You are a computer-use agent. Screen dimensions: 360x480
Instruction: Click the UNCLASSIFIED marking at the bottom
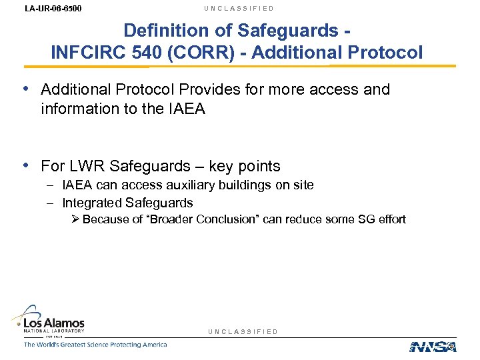tap(243, 331)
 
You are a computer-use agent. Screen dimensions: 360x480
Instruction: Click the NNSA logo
tap(432, 346)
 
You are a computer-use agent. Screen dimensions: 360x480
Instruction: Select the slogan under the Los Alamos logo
tap(95, 345)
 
